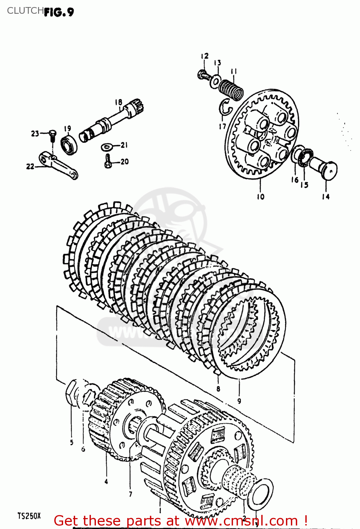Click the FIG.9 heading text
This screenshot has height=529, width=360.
click(x=59, y=12)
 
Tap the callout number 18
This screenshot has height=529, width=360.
click(x=118, y=102)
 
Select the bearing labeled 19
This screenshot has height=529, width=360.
click(x=69, y=144)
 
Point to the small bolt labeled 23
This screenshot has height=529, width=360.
click(x=52, y=135)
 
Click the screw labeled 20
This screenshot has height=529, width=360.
click(x=108, y=162)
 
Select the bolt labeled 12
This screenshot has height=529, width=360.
click(x=203, y=75)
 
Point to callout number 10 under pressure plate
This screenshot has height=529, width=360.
click(x=260, y=197)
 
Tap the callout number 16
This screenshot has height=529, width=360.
click(x=295, y=180)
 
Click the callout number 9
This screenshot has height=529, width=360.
click(x=239, y=401)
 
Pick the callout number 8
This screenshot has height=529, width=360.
click(x=218, y=389)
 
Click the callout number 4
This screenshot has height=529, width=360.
click(x=106, y=481)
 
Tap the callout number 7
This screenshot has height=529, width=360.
click(x=130, y=494)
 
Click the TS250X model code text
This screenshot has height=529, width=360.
click(x=29, y=516)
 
